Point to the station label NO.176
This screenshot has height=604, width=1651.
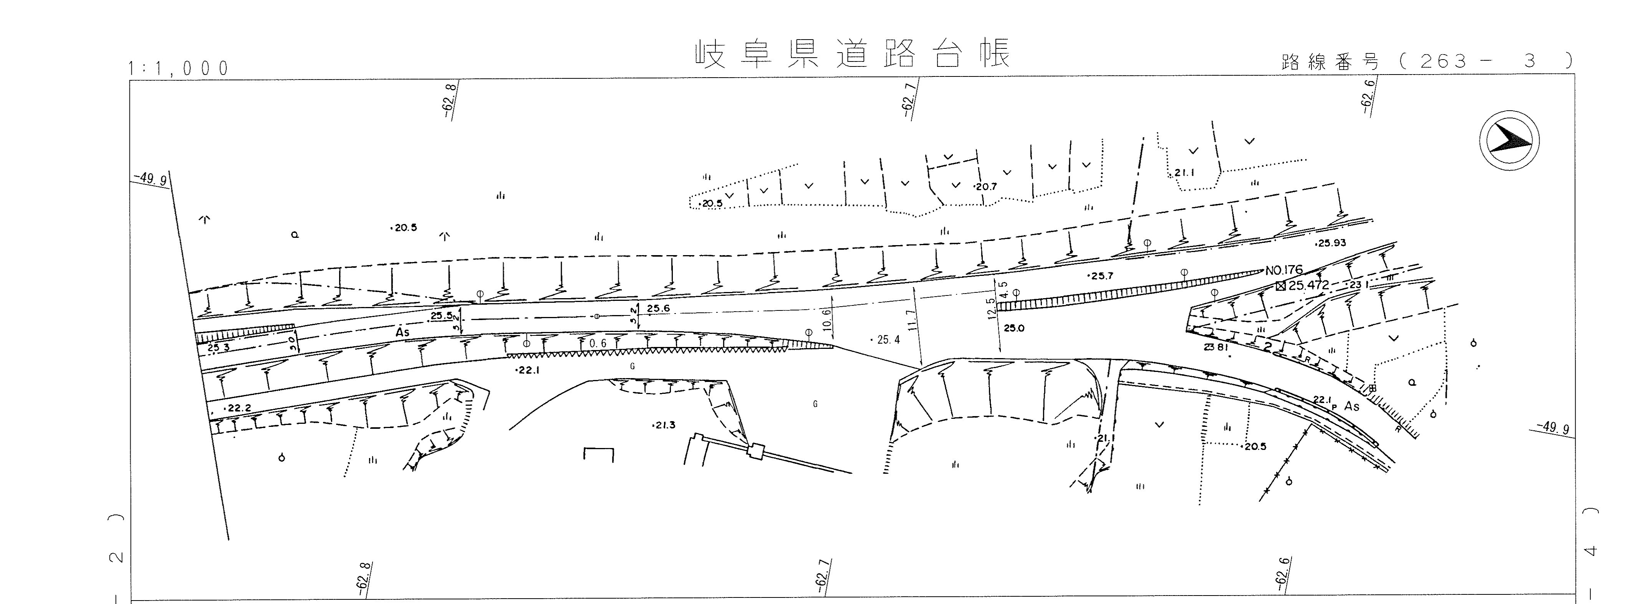click(1284, 270)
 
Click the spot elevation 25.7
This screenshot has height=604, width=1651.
click(1102, 276)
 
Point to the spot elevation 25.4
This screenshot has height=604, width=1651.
click(888, 340)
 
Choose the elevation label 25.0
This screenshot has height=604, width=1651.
click(1014, 328)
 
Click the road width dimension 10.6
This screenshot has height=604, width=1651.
click(827, 319)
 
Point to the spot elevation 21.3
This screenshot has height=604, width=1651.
click(664, 425)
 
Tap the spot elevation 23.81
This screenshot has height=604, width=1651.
click(1216, 347)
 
